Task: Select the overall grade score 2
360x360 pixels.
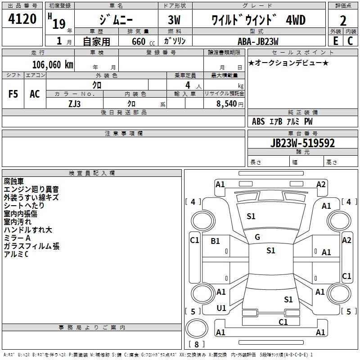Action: coord(343,21)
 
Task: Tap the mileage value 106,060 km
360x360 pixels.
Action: coord(53,64)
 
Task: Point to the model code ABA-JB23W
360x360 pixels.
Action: coord(258,41)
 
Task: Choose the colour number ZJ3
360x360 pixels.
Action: coord(75,103)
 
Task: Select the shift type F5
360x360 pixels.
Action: coord(13,94)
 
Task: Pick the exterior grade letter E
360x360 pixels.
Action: coord(335,41)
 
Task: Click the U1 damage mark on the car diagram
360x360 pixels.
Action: coord(221,308)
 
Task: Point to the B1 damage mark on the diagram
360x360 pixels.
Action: coord(215,241)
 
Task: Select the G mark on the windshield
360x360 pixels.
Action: coord(257,237)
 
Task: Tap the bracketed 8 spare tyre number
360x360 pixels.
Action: coord(196,345)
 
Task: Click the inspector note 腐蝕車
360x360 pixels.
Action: coord(13,181)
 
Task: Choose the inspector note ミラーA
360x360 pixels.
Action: coord(17,238)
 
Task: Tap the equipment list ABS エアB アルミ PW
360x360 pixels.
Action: coord(282,121)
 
